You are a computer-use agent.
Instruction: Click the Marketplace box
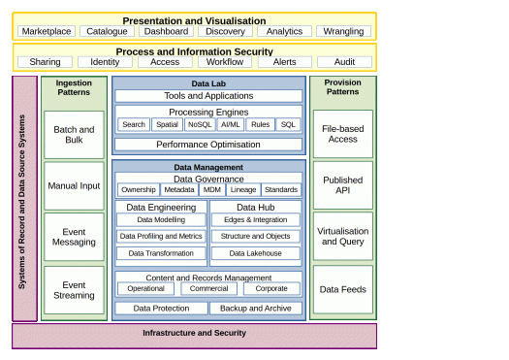pyautogui.click(x=47, y=31)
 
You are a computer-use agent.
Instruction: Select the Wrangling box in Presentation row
pyautogui.click(x=343, y=31)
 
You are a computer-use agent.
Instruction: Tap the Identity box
pyautogui.click(x=105, y=62)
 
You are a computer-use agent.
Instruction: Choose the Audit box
pyautogui.click(x=344, y=62)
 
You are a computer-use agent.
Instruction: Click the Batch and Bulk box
pyautogui.click(x=74, y=135)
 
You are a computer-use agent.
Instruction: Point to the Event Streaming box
pyautogui.click(x=74, y=290)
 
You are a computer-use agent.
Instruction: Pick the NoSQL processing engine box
pyautogui.click(x=200, y=124)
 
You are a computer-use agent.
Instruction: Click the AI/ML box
pyautogui.click(x=230, y=124)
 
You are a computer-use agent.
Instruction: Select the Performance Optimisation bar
pyautogui.click(x=208, y=145)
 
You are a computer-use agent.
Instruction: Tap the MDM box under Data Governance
pyautogui.click(x=212, y=190)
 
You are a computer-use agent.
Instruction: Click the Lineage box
pyautogui.click(x=243, y=190)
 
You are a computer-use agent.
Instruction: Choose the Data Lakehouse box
pyautogui.click(x=256, y=253)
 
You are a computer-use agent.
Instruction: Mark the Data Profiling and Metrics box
pyautogui.click(x=161, y=236)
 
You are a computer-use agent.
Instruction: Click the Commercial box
pyautogui.click(x=208, y=288)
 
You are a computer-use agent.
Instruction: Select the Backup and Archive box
pyautogui.click(x=256, y=308)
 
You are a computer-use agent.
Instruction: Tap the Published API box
pyautogui.click(x=343, y=185)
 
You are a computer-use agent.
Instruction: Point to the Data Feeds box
pyautogui.click(x=343, y=289)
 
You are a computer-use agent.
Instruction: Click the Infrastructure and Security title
pyautogui.click(x=195, y=333)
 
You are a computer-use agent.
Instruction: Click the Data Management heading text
pyautogui.click(x=208, y=167)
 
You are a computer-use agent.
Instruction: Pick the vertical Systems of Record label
pyautogui.click(x=21, y=202)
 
